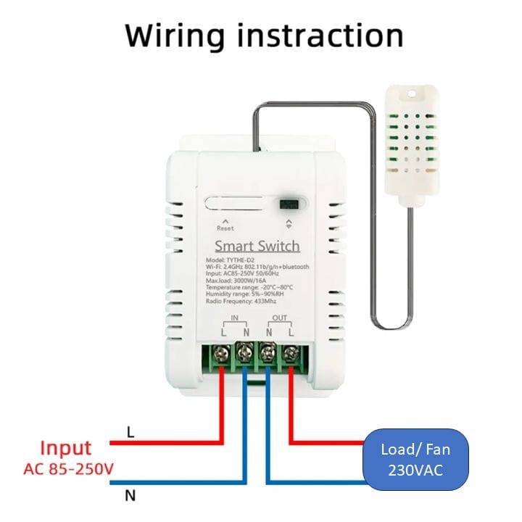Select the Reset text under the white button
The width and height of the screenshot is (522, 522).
coord(225,228)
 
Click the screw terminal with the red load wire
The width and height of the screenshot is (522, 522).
coord(291,354)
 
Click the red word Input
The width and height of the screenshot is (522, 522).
coord(66,448)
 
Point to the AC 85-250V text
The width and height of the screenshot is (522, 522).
coord(68,470)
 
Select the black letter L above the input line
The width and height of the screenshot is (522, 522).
coord(130,432)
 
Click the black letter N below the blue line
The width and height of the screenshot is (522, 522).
coord(130,497)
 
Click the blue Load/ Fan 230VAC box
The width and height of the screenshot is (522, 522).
coord(415,460)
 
